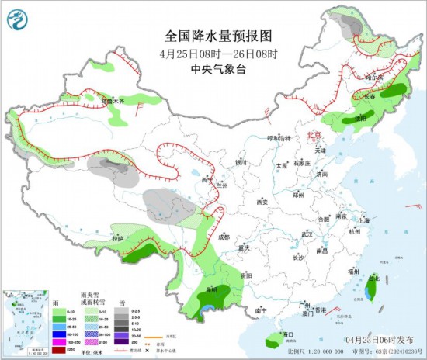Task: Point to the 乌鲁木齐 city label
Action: point(114,101)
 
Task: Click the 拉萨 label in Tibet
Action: point(116,238)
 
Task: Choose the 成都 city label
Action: point(224,237)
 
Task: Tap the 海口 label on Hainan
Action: point(289,334)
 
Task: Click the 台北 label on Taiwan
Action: point(375,277)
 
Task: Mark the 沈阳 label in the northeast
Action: point(359,119)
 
